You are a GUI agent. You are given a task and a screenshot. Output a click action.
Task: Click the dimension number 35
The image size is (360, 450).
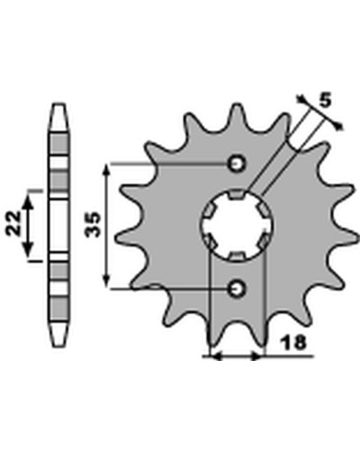tap(93, 225)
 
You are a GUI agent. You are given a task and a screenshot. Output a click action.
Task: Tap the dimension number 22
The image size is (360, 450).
tap(13, 223)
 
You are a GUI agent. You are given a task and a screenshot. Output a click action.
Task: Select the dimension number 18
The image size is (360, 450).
tap(293, 342)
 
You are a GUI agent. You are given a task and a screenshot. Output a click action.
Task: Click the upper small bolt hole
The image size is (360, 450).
tap(237, 164)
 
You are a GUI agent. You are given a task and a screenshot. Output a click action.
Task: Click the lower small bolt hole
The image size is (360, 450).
tap(237, 289)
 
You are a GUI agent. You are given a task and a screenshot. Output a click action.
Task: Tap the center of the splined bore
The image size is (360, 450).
tap(237, 226)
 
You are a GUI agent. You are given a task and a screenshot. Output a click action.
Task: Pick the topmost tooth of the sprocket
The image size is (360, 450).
tap(237, 115)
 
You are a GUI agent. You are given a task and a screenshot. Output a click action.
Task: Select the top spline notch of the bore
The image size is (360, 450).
tap(237, 194)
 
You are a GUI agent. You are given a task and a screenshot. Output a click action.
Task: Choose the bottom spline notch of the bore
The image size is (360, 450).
tap(237, 256)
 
